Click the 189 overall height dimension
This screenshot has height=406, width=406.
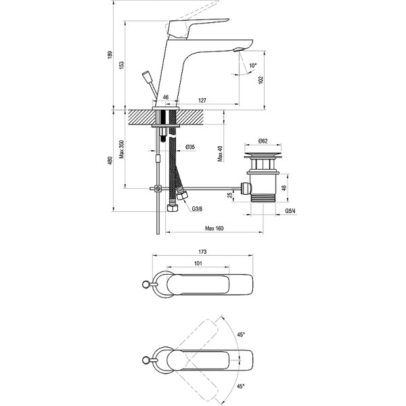pos(110,55)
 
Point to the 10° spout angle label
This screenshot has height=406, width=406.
pos(253,66)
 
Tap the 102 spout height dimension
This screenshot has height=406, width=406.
pos(259,80)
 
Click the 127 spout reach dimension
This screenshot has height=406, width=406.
pos(202,99)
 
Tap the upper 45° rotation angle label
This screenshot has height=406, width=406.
pos(241,334)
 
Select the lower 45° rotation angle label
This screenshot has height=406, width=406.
pos(241,387)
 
